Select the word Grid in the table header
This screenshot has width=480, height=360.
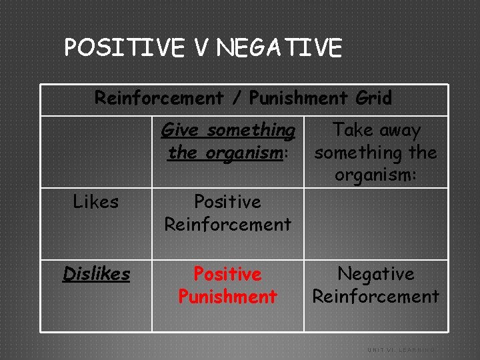pyautogui.click(x=373, y=98)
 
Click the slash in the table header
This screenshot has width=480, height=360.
pyautogui.click(x=236, y=99)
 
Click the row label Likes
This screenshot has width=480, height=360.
pyautogui.click(x=95, y=201)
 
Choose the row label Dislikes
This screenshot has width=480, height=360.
pyautogui.click(x=96, y=273)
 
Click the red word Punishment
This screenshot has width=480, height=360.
pyautogui.click(x=227, y=296)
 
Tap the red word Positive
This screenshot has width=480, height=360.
pyautogui.click(x=227, y=274)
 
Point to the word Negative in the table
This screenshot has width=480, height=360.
pyautogui.click(x=376, y=274)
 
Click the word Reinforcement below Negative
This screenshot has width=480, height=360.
pyautogui.click(x=376, y=296)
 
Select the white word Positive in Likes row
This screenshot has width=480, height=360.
pyautogui.click(x=227, y=201)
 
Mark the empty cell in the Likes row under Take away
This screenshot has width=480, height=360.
pyautogui.click(x=376, y=223)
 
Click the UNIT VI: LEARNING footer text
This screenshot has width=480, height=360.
pyautogui.click(x=401, y=349)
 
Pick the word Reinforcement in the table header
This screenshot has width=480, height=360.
pyautogui.click(x=159, y=98)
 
